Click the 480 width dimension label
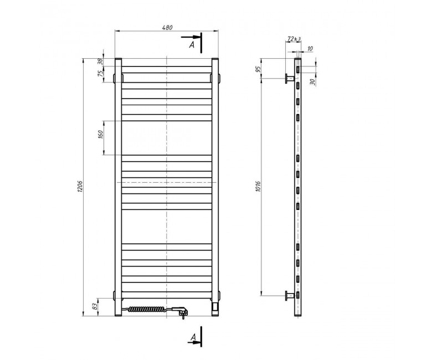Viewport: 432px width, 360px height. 167,28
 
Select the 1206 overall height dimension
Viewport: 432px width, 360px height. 79,187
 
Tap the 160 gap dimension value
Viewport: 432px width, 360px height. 101,134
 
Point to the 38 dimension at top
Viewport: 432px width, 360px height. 101,61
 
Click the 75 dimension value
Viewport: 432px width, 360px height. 101,73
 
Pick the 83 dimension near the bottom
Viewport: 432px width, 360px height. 95,306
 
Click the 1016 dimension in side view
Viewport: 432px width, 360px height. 258,187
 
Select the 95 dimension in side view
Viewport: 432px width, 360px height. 258,69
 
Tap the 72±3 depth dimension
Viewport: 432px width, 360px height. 294,39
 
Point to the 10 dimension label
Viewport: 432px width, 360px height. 310,49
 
